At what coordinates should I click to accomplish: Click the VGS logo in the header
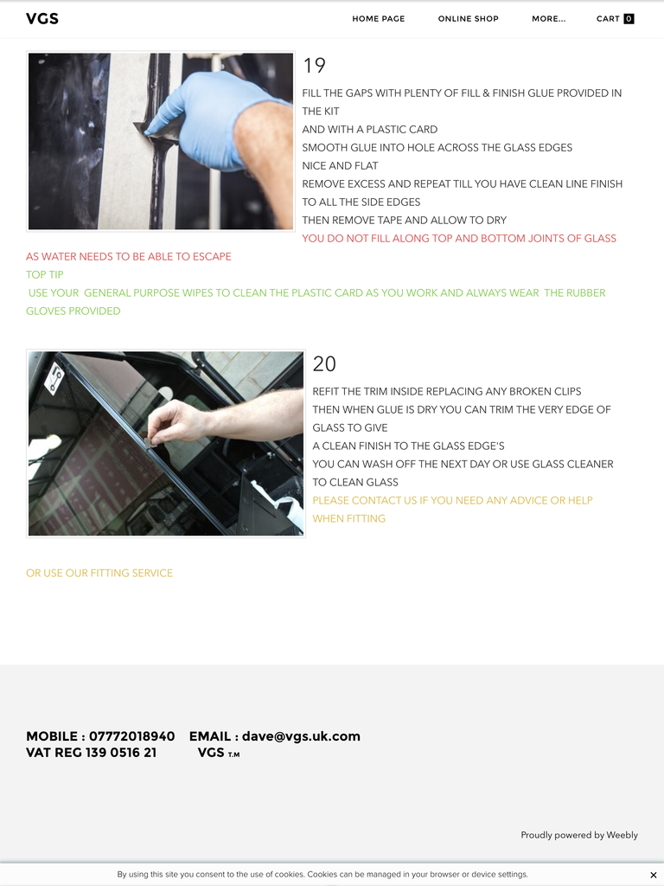(x=42, y=19)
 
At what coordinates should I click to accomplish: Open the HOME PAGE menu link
(x=379, y=19)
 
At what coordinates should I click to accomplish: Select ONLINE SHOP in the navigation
(x=468, y=19)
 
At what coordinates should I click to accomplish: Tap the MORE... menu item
(x=548, y=19)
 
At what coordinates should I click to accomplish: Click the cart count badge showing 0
(x=629, y=19)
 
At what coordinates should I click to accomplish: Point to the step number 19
(x=315, y=66)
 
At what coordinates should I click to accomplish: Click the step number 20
(x=324, y=364)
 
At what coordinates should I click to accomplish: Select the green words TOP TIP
(x=45, y=274)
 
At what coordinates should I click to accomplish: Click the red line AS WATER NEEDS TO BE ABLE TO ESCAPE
(x=129, y=256)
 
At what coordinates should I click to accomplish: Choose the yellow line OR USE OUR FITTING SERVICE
(x=99, y=573)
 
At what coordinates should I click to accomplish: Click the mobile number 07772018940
(x=132, y=736)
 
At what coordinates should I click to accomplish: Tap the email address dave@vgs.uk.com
(x=301, y=736)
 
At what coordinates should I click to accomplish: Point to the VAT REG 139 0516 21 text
(x=92, y=753)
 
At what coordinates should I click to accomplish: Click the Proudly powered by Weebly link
(x=579, y=835)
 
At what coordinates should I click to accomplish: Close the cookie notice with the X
(x=654, y=876)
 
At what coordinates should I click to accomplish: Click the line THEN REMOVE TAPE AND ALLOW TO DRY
(x=405, y=221)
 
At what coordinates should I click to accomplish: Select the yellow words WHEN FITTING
(x=349, y=519)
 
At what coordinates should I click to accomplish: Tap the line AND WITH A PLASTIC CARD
(x=370, y=130)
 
